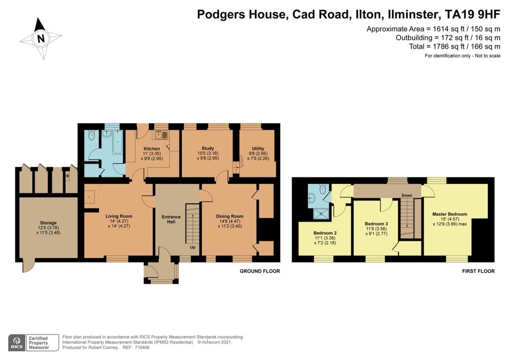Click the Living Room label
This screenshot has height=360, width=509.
[119, 216]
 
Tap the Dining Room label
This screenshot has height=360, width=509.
[230, 216]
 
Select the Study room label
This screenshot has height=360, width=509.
[208, 148]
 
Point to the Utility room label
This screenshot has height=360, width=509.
[258, 148]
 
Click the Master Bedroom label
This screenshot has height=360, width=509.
[449, 214]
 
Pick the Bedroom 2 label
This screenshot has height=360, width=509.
[325, 233]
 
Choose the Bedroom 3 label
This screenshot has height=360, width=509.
[376, 224]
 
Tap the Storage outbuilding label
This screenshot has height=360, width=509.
[48, 223]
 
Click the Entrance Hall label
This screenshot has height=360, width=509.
[171, 219]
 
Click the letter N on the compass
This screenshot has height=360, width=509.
[41, 39]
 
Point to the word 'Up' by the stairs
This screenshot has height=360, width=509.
[192, 247]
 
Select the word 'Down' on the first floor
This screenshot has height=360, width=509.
[407, 195]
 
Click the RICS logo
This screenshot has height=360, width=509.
[17, 343]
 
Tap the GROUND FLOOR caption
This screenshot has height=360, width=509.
[259, 271]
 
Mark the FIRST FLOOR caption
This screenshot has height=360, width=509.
[479, 271]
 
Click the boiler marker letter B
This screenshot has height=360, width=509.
[68, 176]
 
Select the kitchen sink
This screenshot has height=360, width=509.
[161, 135]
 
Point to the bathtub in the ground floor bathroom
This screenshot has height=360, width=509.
[117, 142]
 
